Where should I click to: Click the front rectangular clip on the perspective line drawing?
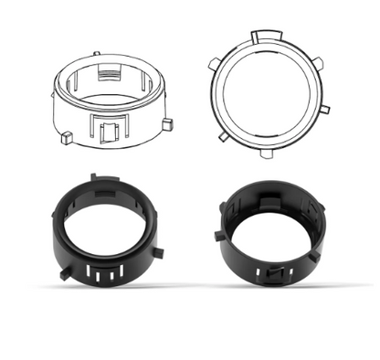109,130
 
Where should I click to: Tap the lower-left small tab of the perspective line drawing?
66,138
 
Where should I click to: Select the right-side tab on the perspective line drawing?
166,122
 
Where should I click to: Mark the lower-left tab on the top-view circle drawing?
223,137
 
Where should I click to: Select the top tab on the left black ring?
95,176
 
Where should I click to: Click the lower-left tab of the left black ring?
63,272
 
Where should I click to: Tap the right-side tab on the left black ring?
159,250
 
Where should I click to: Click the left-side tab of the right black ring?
218,236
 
